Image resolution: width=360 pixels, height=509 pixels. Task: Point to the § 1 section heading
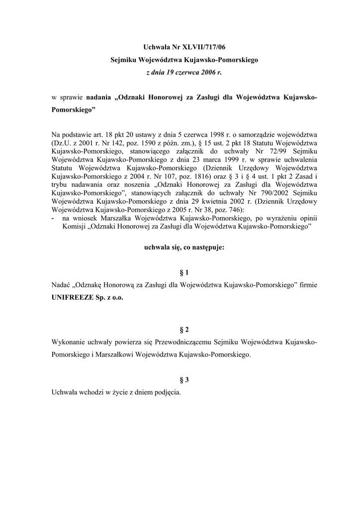pyautogui.click(x=184, y=272)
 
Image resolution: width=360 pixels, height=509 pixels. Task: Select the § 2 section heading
pyautogui.click(x=184, y=330)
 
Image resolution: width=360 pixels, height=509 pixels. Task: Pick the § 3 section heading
pyautogui.click(x=184, y=380)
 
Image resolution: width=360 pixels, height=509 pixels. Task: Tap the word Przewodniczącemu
pyautogui.click(x=184, y=342)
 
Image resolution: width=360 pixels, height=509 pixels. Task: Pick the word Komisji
pyautogui.click(x=74, y=226)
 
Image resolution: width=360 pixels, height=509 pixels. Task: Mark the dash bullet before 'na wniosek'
pyautogui.click(x=53, y=218)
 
